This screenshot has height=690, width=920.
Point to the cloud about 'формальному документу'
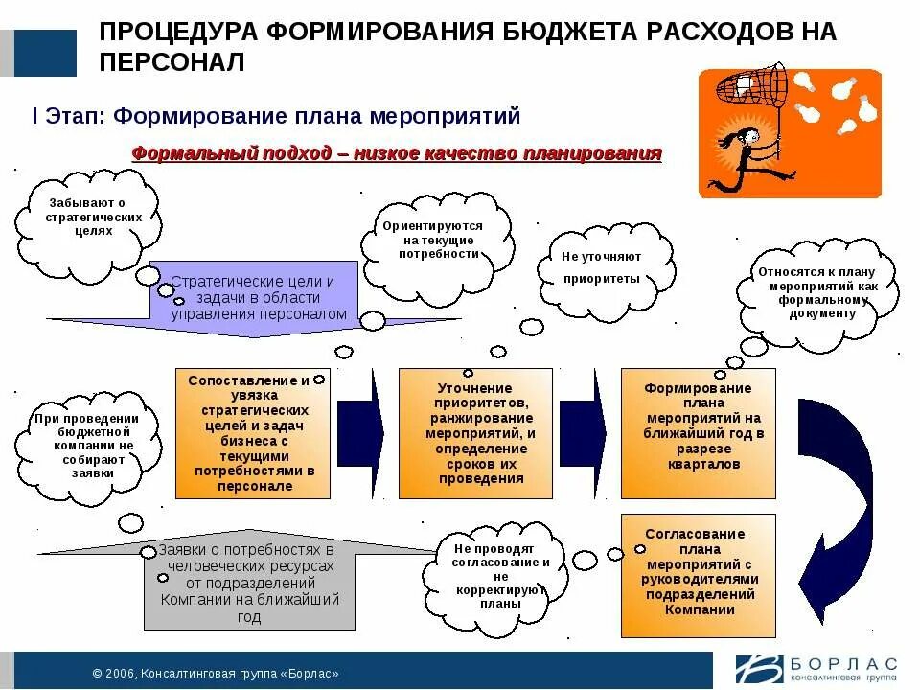pyautogui.click(x=816, y=291)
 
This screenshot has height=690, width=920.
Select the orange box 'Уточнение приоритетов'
pyautogui.click(x=475, y=433)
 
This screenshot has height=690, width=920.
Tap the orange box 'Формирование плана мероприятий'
pyautogui.click(x=698, y=433)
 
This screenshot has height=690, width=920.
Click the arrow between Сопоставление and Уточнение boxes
pyautogui.click(x=361, y=431)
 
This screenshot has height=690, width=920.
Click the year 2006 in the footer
pyautogui.click(x=120, y=673)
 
